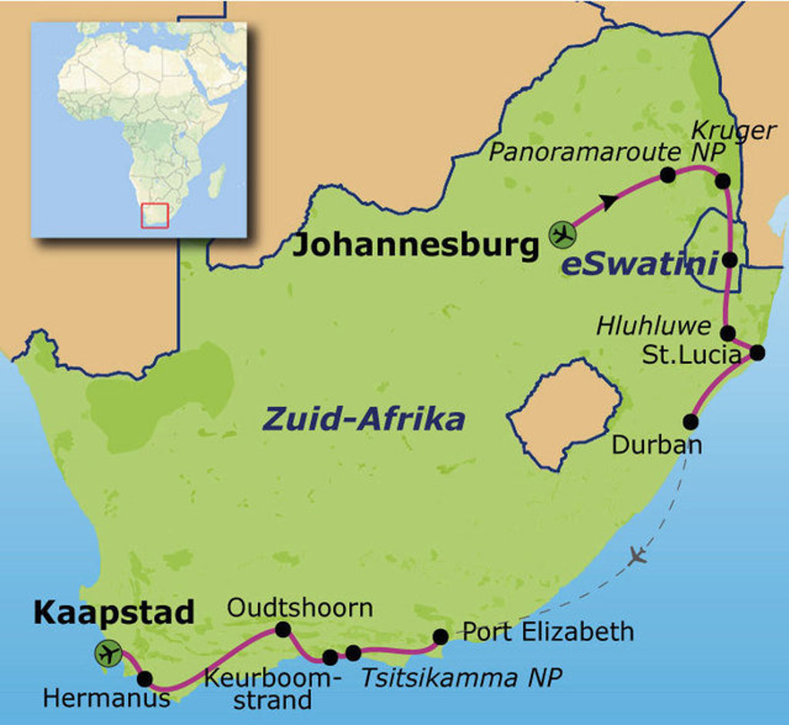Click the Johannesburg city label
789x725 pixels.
(416, 246)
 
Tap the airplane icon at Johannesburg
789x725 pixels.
(562, 234)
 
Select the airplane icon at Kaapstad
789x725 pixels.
(109, 653)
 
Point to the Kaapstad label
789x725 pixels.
(113, 613)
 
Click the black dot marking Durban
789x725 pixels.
(690, 421)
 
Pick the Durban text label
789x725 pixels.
(656, 445)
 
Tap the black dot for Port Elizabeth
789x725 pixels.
(441, 636)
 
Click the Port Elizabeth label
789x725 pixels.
(548, 632)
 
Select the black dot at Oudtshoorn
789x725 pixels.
(283, 630)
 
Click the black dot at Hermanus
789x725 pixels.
(145, 679)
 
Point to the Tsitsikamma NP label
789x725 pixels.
(461, 677)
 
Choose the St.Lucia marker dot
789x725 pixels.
(757, 353)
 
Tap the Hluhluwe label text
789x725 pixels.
(654, 327)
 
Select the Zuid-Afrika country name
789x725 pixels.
(364, 420)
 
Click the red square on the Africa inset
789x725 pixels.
(154, 215)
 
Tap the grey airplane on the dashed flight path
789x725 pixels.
(636, 555)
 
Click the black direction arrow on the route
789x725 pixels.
(609, 202)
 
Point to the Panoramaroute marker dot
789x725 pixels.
(668, 175)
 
